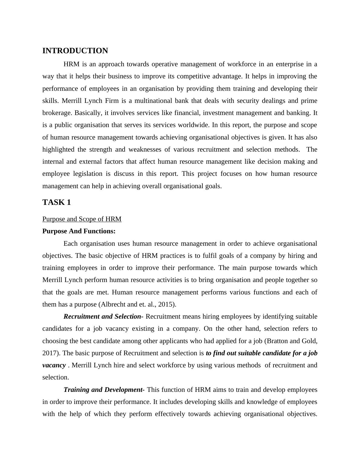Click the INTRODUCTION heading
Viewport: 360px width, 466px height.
pos(75,51)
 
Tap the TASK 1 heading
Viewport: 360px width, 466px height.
pos(57,202)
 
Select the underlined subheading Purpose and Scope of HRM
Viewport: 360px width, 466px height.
pos(82,219)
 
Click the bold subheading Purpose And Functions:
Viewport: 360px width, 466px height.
pos(79,231)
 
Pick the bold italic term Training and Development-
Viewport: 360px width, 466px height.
pos(104,390)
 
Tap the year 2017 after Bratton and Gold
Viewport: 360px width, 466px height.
pos(50,353)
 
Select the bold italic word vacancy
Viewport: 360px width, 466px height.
pos(54,365)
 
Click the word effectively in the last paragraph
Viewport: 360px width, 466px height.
pos(170,414)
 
